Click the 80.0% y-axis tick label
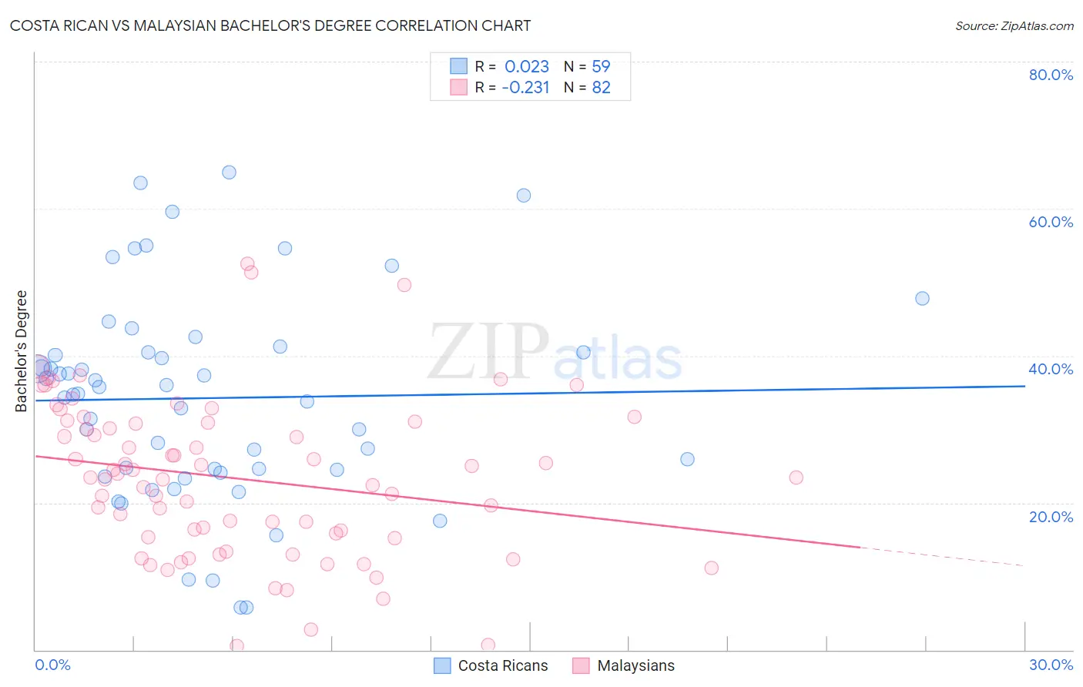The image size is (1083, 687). coord(1051,75)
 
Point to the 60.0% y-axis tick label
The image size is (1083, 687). coord(1051,222)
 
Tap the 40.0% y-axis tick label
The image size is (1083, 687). coord(1051,369)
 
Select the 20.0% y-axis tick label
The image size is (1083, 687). coord(1051,517)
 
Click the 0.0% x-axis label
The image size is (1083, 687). coord(52,665)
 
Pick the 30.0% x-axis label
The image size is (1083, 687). coord(1051,665)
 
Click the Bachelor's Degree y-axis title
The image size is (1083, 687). coord(22,351)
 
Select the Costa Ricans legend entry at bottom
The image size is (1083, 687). coord(491,665)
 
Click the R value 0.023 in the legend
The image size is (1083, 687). coord(527,66)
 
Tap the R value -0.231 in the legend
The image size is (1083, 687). coord(525,88)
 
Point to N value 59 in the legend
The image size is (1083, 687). coord(601,66)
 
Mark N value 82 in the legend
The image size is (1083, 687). coord(601,88)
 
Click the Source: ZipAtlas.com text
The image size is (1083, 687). coord(1014,25)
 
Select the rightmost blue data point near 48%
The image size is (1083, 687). coord(922,298)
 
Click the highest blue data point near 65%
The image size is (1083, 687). coord(229,173)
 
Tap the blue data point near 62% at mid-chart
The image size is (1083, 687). coord(524,196)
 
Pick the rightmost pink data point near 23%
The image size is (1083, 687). coord(796,478)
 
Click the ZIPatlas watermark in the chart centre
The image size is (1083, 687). coord(555,353)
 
